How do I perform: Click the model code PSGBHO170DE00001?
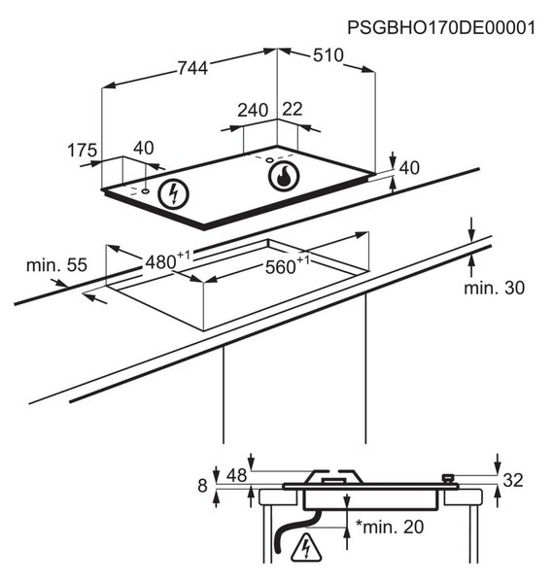pos(441,27)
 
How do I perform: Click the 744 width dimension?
pos(192,68)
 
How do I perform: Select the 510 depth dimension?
pos(328,55)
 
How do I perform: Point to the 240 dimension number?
pos(253,111)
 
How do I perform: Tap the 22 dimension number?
pos(293,109)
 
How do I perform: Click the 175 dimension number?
pos(83,151)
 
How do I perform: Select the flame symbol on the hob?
pos(284,176)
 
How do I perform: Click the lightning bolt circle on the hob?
pos(173,194)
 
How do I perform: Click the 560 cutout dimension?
pos(287,265)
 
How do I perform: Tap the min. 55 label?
pos(56,265)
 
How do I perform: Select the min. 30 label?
pos(495,288)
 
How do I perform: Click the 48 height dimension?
pos(236,475)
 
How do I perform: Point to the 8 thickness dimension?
pos(202,486)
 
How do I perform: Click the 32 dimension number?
pos(513,480)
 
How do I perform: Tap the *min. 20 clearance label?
pos(390,527)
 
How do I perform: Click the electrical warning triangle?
pos(307,547)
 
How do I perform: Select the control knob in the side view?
pos(448,479)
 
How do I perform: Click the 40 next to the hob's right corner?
pos(409,168)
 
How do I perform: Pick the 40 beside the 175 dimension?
pos(144,148)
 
